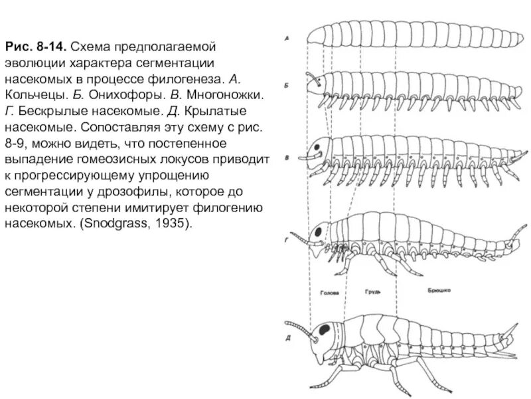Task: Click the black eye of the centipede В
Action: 323,146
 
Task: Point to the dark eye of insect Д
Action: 326,330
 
